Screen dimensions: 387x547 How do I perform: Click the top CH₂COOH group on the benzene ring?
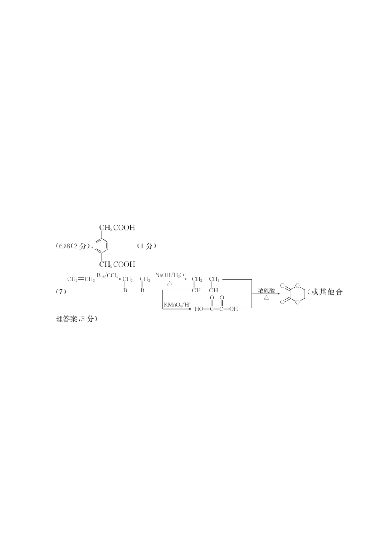[x=117, y=228]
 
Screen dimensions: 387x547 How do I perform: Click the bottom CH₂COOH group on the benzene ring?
[x=117, y=264]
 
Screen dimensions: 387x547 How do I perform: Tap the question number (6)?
[x=59, y=246]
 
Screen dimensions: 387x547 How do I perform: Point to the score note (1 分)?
[x=146, y=246]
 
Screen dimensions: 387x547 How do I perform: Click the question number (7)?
[x=61, y=292]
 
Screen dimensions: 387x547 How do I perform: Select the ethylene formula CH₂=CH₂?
[x=81, y=279]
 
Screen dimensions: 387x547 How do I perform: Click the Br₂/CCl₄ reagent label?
[x=107, y=276]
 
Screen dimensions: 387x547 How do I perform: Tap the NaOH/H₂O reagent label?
[x=169, y=275]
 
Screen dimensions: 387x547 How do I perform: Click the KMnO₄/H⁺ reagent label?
[x=177, y=305]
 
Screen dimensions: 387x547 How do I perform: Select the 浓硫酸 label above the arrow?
[x=266, y=291]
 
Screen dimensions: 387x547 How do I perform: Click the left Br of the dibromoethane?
[x=126, y=290]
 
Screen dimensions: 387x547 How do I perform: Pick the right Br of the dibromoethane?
[x=143, y=290]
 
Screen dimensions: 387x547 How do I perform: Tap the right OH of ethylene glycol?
[x=213, y=290]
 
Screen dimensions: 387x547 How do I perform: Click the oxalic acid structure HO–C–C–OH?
[x=216, y=304]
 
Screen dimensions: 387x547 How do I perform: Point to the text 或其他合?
[x=327, y=292]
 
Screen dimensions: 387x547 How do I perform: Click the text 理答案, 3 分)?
[x=77, y=319]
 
